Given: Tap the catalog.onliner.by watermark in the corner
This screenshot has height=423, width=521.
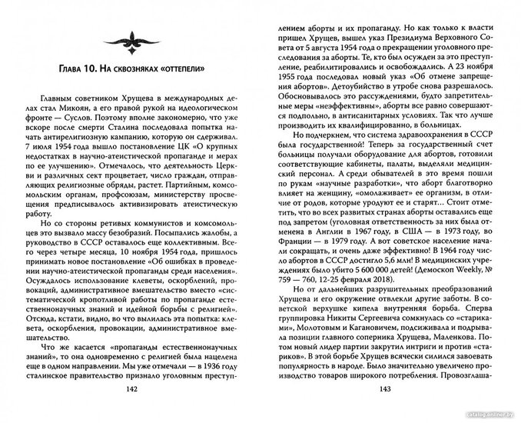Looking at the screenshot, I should click(x=492, y=416).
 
